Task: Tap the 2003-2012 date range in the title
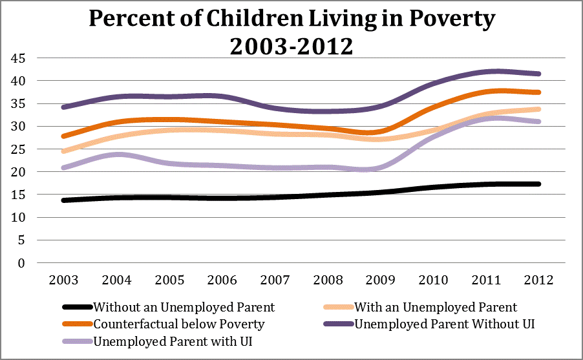pyautogui.click(x=291, y=46)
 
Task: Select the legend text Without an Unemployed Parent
pyautogui.click(x=184, y=306)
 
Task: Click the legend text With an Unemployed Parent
pyautogui.click(x=436, y=306)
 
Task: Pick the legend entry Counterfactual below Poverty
pyautogui.click(x=178, y=323)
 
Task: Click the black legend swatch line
pyautogui.click(x=77, y=306)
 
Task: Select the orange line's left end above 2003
pyautogui.click(x=63, y=136)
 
